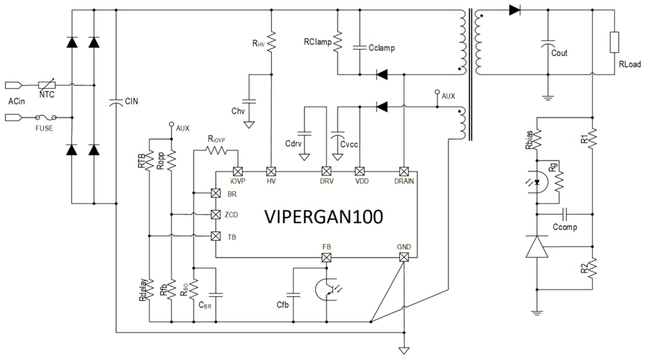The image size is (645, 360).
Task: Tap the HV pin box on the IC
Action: click(x=271, y=172)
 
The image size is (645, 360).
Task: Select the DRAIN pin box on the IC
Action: click(x=403, y=172)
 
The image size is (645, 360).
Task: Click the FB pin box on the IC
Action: click(x=327, y=257)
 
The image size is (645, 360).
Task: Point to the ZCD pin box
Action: click(x=215, y=215)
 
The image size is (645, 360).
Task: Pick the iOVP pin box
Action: click(x=237, y=172)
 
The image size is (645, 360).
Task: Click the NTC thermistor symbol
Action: click(x=47, y=86)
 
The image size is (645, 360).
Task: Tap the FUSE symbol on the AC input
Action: click(x=47, y=118)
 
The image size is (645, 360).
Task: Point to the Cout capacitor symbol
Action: click(x=547, y=45)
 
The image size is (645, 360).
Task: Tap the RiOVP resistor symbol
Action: click(x=215, y=151)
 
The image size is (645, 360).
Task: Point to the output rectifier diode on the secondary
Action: click(x=514, y=10)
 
